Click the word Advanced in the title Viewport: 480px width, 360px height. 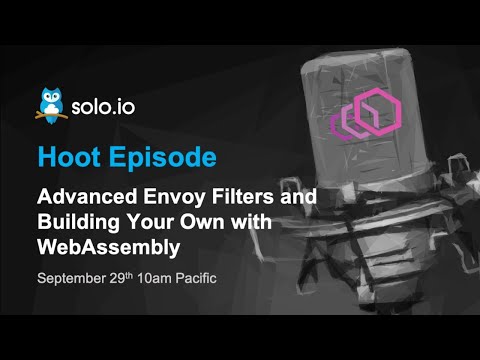pyautogui.click(x=79, y=197)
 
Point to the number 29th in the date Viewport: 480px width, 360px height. pyautogui.click(x=124, y=274)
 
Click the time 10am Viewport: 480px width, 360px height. pyautogui.click(x=160, y=275)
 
